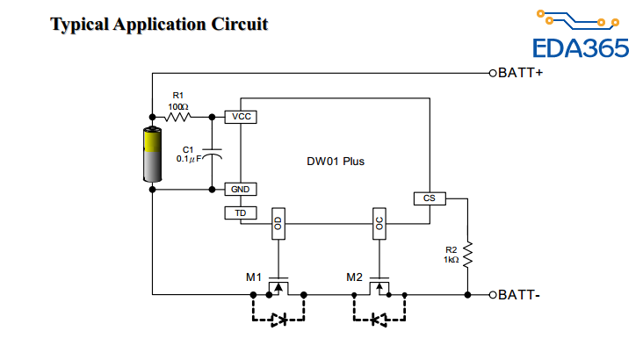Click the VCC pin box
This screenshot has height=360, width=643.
point(241,116)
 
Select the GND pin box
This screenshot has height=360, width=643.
point(241,189)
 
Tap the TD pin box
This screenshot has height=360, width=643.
point(241,212)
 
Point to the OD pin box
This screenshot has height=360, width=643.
point(278,224)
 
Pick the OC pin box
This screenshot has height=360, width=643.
point(379,224)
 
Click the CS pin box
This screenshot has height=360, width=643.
point(430,198)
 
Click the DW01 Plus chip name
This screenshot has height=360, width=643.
point(335,162)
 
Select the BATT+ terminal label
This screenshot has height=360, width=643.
point(520,72)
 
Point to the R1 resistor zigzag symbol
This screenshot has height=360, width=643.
point(179,116)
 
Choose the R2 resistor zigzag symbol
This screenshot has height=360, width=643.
point(468,256)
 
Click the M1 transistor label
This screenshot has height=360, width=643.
point(254,277)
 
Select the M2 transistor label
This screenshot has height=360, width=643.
point(355,277)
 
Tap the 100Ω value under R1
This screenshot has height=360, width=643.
point(178,105)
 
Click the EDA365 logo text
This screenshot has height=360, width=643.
point(582,47)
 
